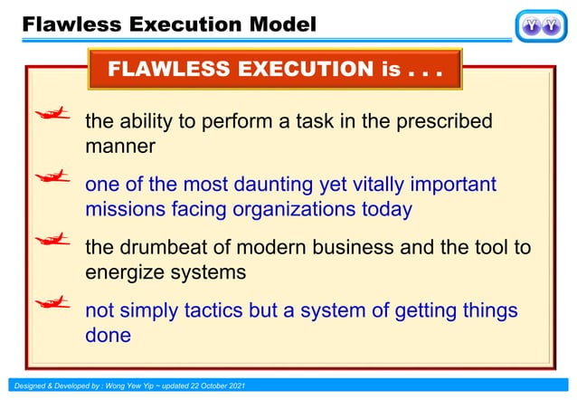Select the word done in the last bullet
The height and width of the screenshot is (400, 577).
[108, 335]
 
